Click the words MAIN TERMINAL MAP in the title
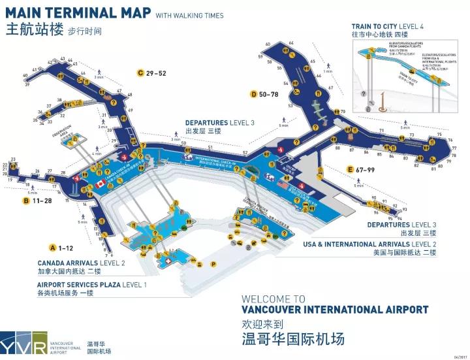pyautogui.click(x=78, y=14)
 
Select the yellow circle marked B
pyautogui.click(x=26, y=201)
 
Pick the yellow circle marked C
pyautogui.click(x=140, y=73)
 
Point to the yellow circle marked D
pyautogui.click(x=253, y=94)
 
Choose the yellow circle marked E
pyautogui.click(x=351, y=170)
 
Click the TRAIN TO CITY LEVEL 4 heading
pyautogui.click(x=387, y=26)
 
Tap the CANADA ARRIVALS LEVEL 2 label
pyautogui.click(x=81, y=263)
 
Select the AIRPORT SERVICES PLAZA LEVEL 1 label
pyautogui.click(x=91, y=285)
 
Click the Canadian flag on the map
pyautogui.click(x=100, y=184)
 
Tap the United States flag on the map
pyautogui.click(x=282, y=186)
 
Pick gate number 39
pyautogui.click(x=26, y=84)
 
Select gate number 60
pyautogui.click(x=268, y=45)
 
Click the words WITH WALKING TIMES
pyautogui.click(x=189, y=16)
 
